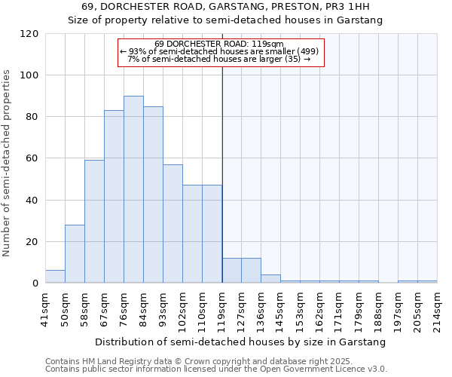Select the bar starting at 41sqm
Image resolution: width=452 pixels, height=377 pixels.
55,277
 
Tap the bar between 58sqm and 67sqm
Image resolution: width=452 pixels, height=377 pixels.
94,222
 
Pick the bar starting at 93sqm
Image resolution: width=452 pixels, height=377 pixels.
173,224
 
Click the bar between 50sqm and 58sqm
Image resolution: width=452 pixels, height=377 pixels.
75,254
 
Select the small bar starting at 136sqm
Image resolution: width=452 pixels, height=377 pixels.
270,279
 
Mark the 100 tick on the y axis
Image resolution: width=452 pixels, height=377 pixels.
29,75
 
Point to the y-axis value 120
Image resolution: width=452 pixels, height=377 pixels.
29,34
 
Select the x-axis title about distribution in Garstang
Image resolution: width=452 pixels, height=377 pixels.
241,342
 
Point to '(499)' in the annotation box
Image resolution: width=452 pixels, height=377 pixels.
308,51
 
